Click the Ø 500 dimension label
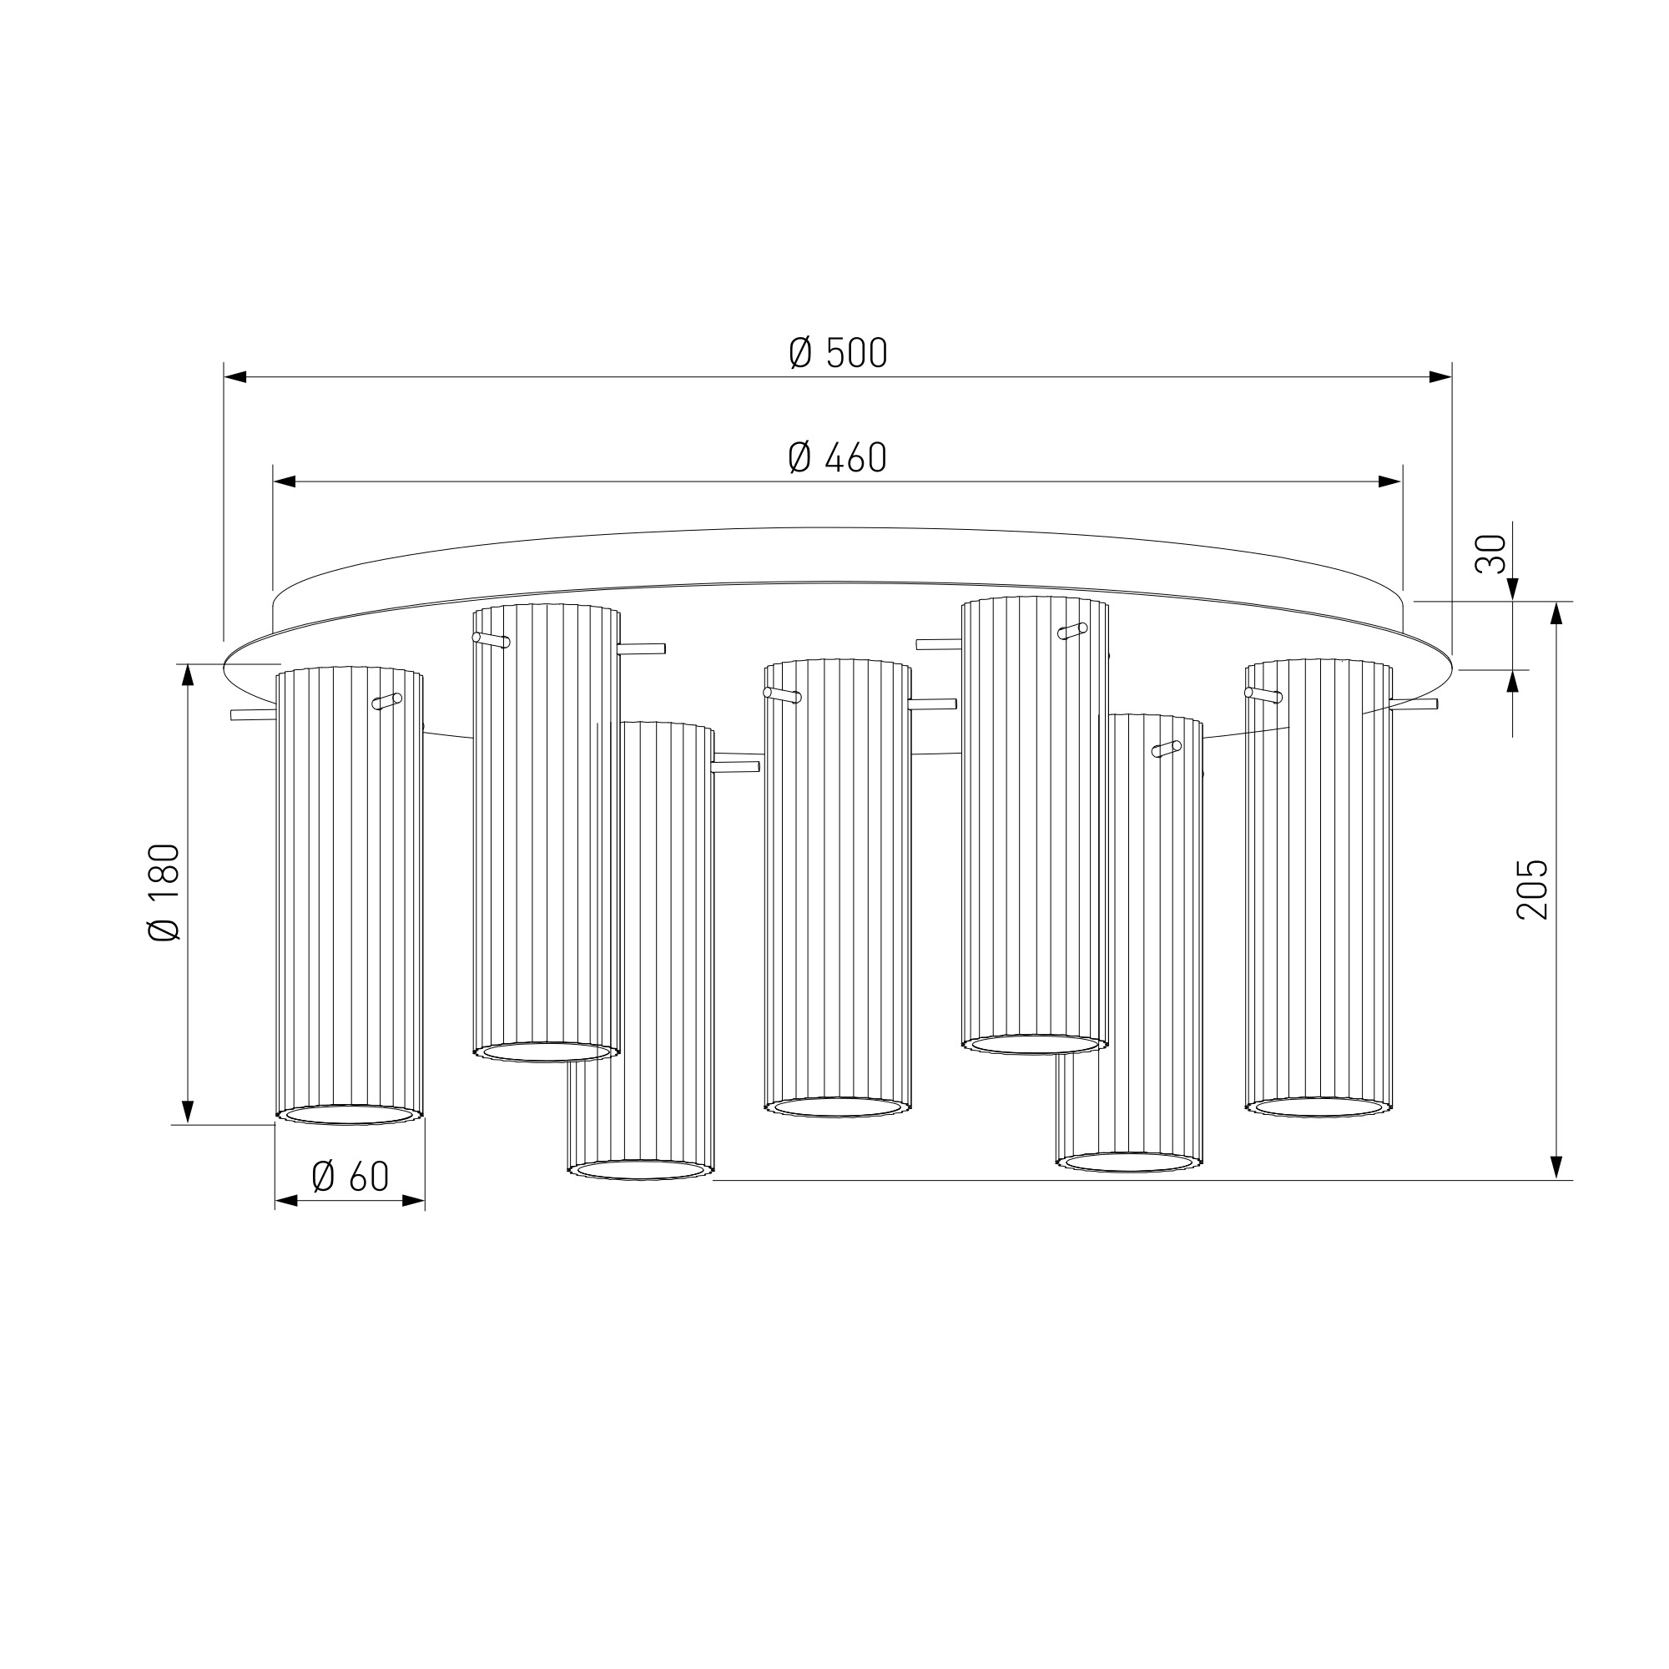(x=838, y=353)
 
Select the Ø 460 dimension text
(x=837, y=458)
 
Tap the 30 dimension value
(x=1491, y=554)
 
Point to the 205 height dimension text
(x=1532, y=889)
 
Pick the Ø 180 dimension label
(x=164, y=891)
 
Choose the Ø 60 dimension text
(x=350, y=1176)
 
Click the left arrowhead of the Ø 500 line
(x=236, y=376)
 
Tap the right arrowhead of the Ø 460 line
(x=1390, y=482)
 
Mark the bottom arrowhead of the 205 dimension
(x=1556, y=1167)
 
